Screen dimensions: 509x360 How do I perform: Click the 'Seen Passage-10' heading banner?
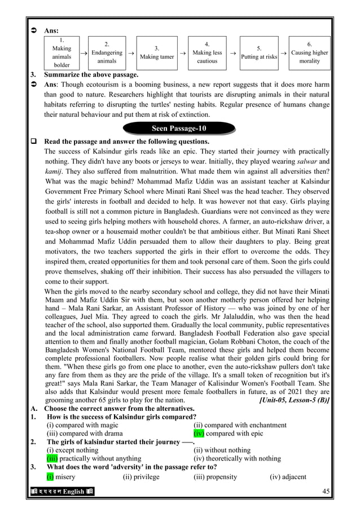[x=179, y=129]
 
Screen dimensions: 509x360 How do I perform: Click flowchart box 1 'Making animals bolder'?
[x=62, y=52]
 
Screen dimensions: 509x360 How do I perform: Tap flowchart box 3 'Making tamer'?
[x=156, y=52]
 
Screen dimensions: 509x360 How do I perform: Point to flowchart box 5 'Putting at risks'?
[x=258, y=52]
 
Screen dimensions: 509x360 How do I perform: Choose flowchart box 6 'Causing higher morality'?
[x=309, y=52]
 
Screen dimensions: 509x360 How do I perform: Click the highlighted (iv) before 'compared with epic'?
[x=199, y=433]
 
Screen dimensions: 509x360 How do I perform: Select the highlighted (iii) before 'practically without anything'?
[x=54, y=458]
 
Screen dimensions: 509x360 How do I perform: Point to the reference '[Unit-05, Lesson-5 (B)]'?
[x=293, y=400]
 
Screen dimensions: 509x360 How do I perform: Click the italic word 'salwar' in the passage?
[x=307, y=161]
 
